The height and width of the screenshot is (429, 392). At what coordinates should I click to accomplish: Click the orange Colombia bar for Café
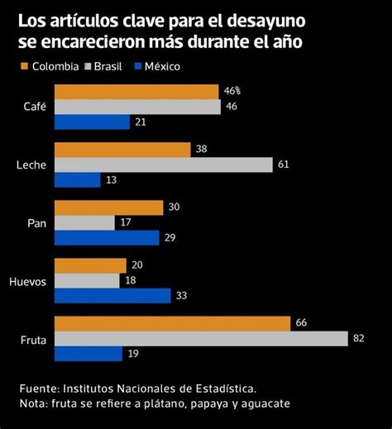[x=136, y=92]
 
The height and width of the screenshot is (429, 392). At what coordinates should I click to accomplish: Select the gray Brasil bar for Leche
[x=163, y=164]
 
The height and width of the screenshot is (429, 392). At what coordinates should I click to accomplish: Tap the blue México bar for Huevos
[x=112, y=295]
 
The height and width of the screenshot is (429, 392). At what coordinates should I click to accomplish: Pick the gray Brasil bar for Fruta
[x=201, y=338]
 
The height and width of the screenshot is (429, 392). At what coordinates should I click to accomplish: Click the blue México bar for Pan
[x=107, y=237]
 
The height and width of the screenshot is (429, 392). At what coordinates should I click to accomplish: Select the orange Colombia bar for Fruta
[x=172, y=323]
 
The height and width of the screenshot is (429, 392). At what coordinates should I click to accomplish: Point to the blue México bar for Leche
[x=78, y=179]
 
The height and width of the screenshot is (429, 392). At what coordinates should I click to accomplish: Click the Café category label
[x=36, y=107]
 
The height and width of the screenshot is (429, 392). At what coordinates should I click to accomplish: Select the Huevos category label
[x=28, y=281]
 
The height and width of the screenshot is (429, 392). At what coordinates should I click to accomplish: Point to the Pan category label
[x=37, y=223]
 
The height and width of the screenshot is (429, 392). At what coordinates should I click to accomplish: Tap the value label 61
[x=284, y=164]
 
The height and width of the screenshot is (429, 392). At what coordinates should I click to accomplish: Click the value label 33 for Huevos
[x=181, y=295]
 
